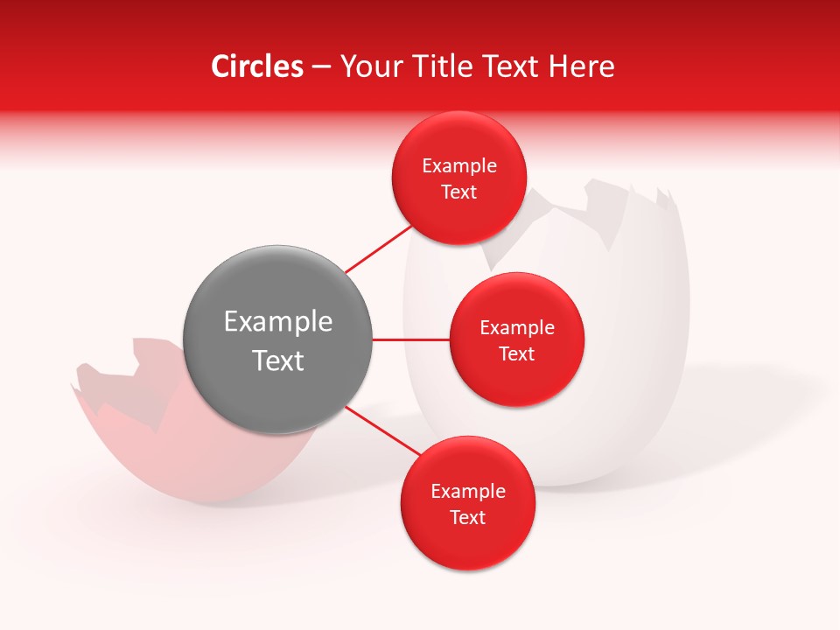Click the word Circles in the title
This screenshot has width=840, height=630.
click(x=257, y=66)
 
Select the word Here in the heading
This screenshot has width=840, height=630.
click(x=581, y=66)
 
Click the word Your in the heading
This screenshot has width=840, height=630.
click(x=367, y=66)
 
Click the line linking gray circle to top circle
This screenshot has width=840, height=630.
click(x=377, y=248)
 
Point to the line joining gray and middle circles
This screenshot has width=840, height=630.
click(x=410, y=339)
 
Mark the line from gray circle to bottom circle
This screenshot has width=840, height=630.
click(x=383, y=430)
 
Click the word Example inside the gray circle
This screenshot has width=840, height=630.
click(x=278, y=322)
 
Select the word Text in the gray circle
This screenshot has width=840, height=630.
click(x=278, y=360)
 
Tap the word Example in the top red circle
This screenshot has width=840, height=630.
click(x=459, y=166)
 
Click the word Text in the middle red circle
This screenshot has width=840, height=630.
click(x=516, y=353)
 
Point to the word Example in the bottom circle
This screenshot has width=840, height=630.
click(x=467, y=492)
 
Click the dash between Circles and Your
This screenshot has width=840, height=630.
click(x=321, y=67)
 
